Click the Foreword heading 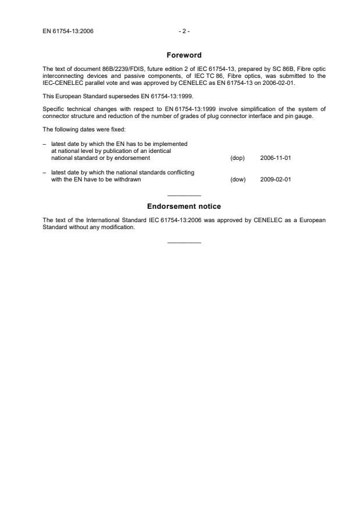pos(184,55)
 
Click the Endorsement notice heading pos(184,206)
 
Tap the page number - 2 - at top pos(184,31)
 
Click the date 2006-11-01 pos(276,158)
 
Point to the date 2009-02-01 pos(276,179)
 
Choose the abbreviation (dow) pos(238,179)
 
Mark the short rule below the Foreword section pos(184,195)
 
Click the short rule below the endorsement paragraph pos(184,242)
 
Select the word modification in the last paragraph pos(119,227)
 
